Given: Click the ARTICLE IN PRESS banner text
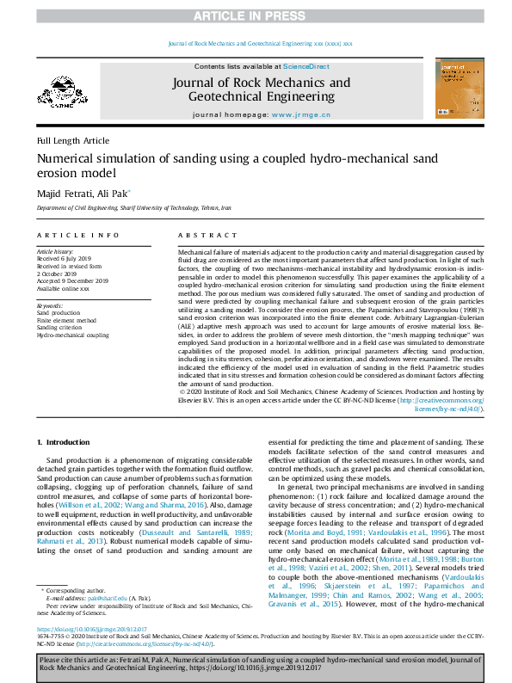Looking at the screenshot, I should (x=256, y=15).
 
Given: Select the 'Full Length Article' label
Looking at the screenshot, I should (x=73, y=140).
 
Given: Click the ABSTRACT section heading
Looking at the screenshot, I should (x=202, y=235).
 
